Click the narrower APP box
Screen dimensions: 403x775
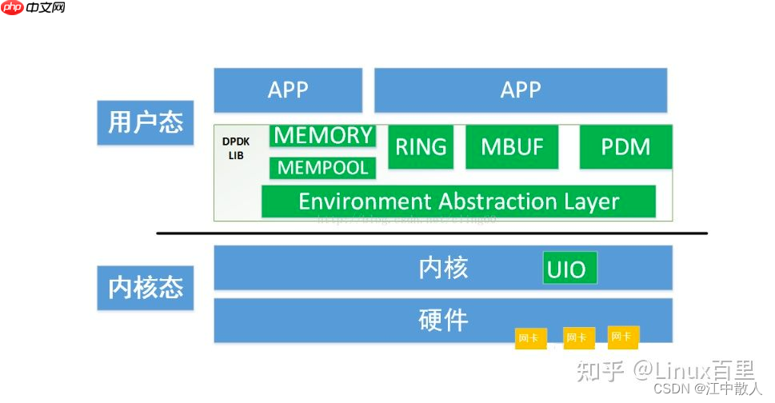pos(288,90)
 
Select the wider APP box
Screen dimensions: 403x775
pos(521,90)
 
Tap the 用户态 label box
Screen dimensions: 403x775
pos(146,122)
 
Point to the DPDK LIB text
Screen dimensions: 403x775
pos(236,148)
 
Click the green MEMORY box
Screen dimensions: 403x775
pos(323,136)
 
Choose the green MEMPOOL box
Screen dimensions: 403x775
pos(323,168)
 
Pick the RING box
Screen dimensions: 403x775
pos(421,147)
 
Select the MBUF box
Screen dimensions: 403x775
pos(512,147)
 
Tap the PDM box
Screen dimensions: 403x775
pos(625,147)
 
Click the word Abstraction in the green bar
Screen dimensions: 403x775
pos(479,201)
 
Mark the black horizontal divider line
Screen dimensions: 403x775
pos(432,233)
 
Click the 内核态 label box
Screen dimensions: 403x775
pos(146,288)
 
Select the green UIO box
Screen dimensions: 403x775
pos(569,269)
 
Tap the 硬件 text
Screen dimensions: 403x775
pos(443,321)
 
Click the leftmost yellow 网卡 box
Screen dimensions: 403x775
pos(529,337)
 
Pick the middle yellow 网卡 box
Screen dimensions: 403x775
pos(577,337)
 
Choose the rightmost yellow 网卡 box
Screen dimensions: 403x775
pos(621,337)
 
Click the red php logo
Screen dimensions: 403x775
pos(12,8)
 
